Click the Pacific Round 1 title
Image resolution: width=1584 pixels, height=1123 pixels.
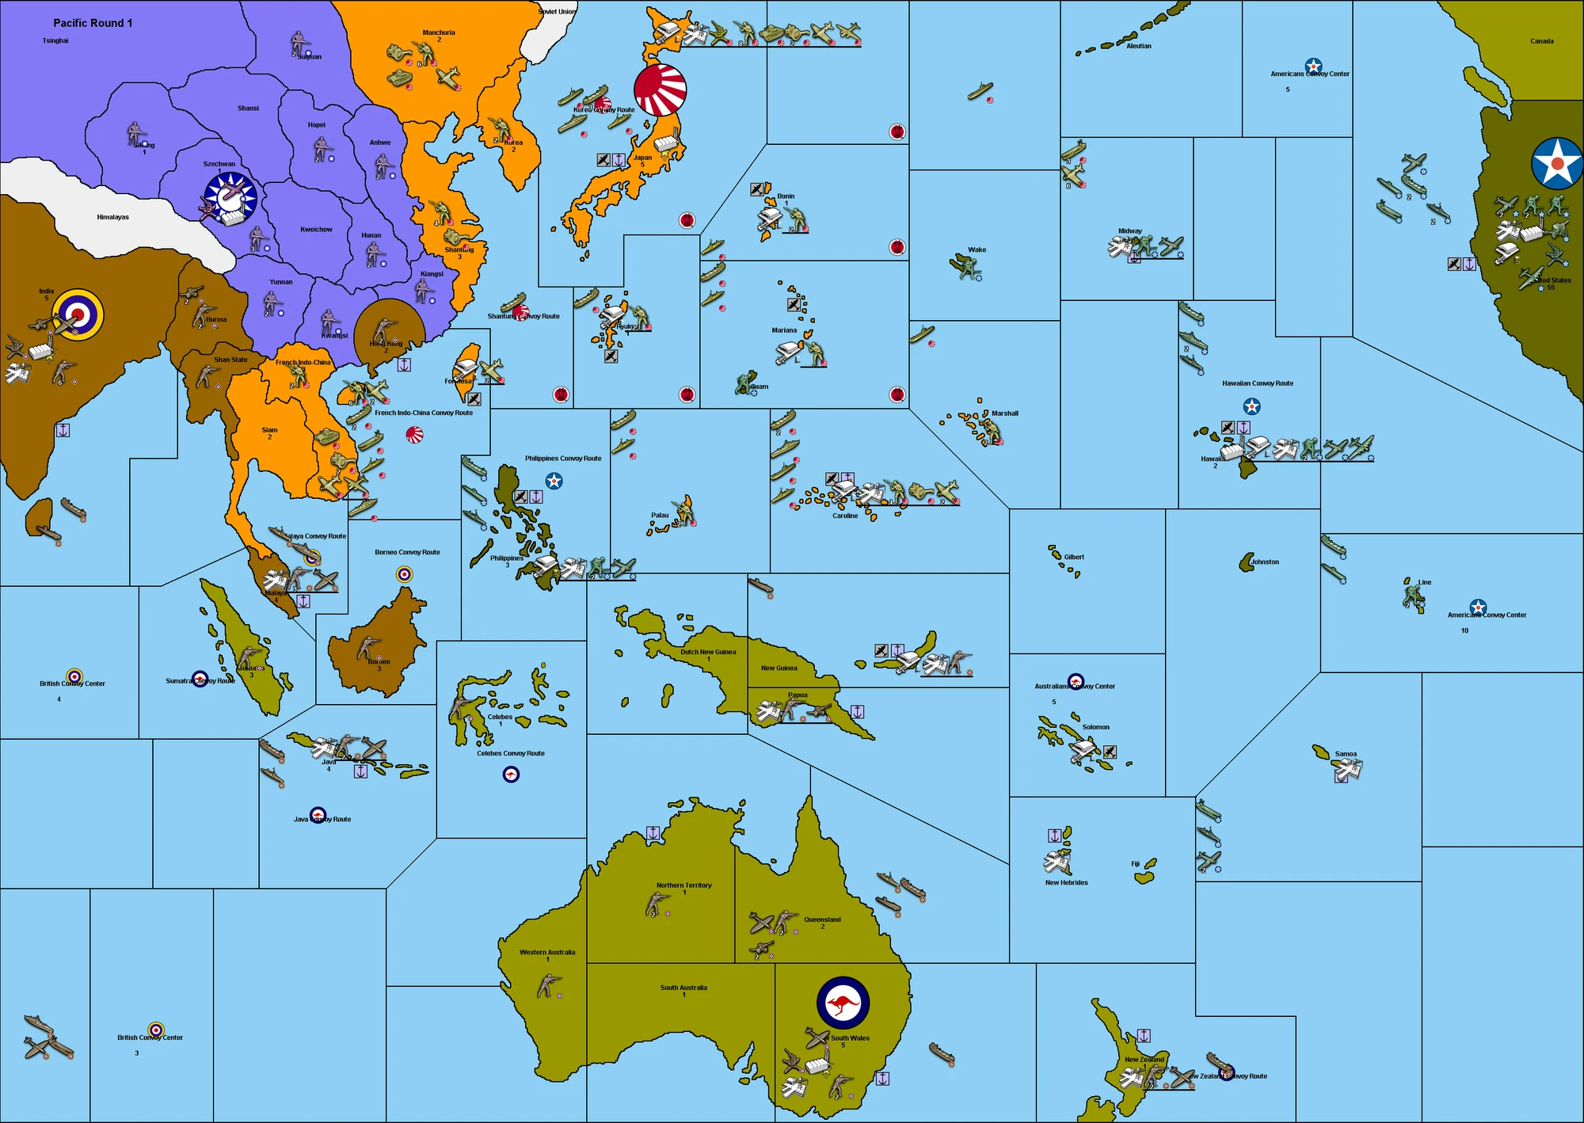[x=93, y=23]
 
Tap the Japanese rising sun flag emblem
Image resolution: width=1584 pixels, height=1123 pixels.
[x=660, y=89]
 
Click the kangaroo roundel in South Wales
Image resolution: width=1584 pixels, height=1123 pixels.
[x=843, y=1003]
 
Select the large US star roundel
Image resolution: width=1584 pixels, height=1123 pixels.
[x=1557, y=163]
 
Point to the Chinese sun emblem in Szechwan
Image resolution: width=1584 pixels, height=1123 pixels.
[x=230, y=196]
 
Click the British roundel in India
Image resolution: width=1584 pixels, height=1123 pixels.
[x=78, y=314]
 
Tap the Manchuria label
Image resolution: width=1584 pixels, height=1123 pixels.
[x=439, y=33]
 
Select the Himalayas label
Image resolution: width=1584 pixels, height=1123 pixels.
[x=112, y=217]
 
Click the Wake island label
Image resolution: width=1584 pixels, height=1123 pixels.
[x=977, y=249]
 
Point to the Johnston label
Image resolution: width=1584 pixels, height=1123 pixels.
[x=1265, y=562]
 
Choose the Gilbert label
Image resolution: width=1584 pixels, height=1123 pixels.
[x=1074, y=557]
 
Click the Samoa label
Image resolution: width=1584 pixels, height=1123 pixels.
[x=1346, y=754]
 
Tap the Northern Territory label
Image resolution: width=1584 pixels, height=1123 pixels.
[x=683, y=885]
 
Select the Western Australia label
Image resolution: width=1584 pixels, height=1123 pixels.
[x=547, y=953]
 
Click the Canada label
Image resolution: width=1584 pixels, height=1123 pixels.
[x=1541, y=41]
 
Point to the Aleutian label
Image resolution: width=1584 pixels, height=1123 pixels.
[x=1139, y=46]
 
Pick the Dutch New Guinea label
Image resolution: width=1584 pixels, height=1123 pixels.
[x=708, y=653]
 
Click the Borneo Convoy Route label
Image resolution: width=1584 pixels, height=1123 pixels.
[x=407, y=552]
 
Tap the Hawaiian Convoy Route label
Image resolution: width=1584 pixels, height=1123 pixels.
[x=1257, y=383]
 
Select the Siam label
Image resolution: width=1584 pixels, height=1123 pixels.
[x=269, y=430]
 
